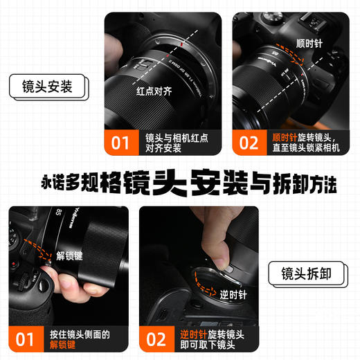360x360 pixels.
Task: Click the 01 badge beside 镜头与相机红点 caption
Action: click(120, 143)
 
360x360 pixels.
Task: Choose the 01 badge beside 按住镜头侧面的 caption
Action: click(26, 339)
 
